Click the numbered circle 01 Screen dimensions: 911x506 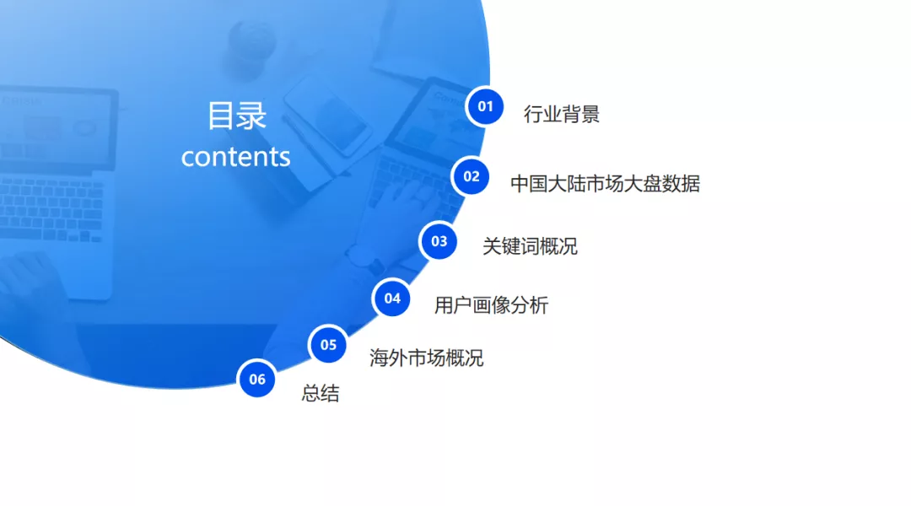485,106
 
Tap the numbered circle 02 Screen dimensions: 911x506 472,176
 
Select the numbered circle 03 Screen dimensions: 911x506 439,241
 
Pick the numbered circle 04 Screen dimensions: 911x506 392,299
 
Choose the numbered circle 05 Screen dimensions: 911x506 328,344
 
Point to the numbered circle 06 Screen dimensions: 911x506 256,379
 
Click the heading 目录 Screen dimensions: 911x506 236,115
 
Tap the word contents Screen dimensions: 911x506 235,157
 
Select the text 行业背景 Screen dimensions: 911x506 561,114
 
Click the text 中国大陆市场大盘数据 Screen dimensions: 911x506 605,184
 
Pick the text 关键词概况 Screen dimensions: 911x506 530,246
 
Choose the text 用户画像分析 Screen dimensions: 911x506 491,305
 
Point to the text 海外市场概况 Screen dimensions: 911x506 426,358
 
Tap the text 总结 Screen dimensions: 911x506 321,393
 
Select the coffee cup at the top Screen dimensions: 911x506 251,46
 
